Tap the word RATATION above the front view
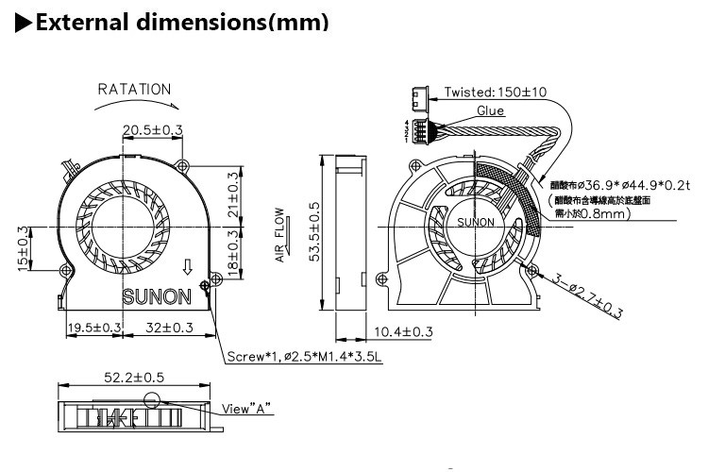click(135, 90)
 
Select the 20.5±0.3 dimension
click(152, 129)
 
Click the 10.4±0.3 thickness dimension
click(403, 331)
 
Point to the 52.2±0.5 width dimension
click(133, 377)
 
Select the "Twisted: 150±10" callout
click(495, 93)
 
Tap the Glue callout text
click(490, 110)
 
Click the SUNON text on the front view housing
click(158, 296)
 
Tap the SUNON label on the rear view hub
click(474, 223)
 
